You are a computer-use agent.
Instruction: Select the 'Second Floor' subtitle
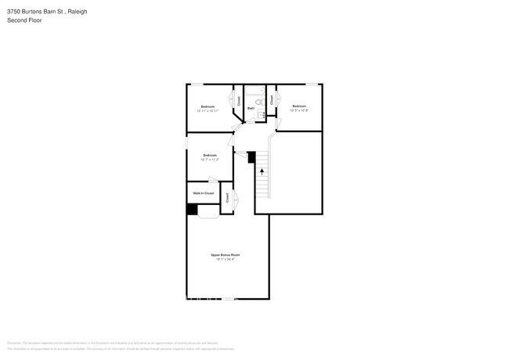click(24, 20)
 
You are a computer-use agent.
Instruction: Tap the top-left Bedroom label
click(208, 106)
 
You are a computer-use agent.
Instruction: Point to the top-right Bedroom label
click(299, 106)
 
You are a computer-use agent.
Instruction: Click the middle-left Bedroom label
click(209, 155)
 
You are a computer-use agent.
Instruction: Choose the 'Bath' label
click(251, 108)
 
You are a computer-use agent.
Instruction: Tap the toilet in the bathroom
click(260, 102)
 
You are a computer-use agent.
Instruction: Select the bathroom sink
click(262, 115)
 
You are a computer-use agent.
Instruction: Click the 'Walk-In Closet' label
click(203, 193)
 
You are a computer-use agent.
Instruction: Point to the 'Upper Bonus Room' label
click(225, 255)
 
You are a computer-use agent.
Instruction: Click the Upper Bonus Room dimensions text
click(225, 259)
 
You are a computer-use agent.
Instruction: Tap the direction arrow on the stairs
click(262, 170)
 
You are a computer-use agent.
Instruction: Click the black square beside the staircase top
click(251, 157)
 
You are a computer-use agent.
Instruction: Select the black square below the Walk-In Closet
click(192, 209)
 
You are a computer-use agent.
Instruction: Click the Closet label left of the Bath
click(239, 100)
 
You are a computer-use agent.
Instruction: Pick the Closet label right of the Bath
click(272, 99)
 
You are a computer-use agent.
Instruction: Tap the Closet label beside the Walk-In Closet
click(227, 198)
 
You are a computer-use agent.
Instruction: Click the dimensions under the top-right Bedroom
click(299, 110)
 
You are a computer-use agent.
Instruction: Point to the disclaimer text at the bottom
click(117, 345)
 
